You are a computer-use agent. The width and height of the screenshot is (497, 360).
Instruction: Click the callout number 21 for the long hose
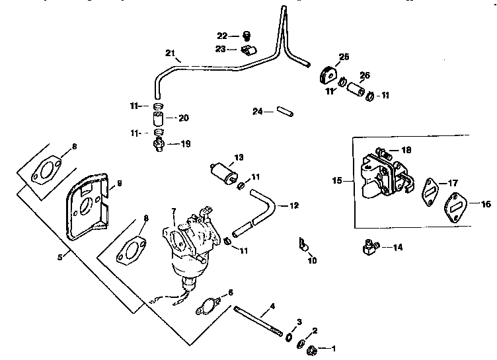(x=169, y=54)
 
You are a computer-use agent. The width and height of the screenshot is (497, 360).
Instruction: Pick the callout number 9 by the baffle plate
(x=120, y=183)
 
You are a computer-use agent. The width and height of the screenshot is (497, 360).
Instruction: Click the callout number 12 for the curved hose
(x=295, y=205)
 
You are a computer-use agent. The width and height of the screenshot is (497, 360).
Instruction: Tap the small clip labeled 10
(x=303, y=247)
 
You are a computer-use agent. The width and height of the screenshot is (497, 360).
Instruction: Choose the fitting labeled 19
(x=159, y=143)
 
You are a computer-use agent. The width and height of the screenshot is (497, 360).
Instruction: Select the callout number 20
(x=184, y=118)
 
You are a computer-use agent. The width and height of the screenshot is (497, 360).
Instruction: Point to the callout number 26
(x=363, y=75)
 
